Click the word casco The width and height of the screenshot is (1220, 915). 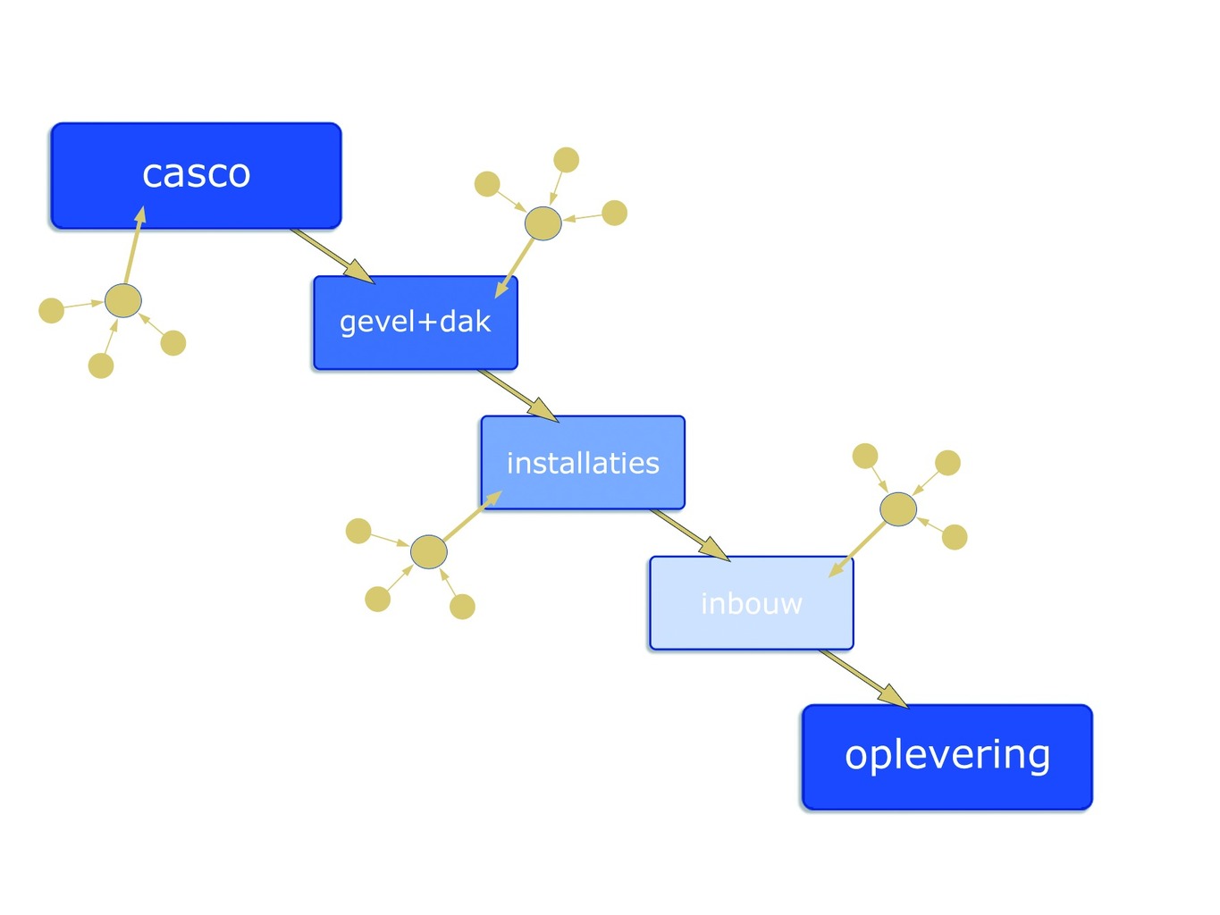[197, 174]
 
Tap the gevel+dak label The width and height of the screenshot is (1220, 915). [416, 322]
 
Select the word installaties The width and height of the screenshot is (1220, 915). [583, 463]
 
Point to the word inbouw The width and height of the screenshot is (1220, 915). [752, 603]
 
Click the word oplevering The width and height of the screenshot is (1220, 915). [947, 756]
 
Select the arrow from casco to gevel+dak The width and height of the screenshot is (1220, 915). [332, 256]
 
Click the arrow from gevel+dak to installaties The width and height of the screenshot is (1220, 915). [518, 396]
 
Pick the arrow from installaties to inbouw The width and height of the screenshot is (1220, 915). [690, 535]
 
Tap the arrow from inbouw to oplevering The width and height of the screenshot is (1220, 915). [863, 679]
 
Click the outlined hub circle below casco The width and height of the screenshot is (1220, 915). [123, 300]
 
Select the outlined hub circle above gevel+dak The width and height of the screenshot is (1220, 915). [543, 223]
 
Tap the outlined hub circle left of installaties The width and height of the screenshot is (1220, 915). [428, 551]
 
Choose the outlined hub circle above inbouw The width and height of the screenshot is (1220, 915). [898, 509]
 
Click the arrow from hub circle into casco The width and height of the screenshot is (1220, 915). [135, 245]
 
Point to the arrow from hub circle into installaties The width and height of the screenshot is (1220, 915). [473, 516]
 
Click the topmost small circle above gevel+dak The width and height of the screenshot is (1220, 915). [567, 160]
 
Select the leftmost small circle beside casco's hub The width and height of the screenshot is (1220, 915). [51, 311]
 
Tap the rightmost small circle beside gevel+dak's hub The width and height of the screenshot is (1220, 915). [615, 213]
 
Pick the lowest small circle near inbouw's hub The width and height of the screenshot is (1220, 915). [955, 537]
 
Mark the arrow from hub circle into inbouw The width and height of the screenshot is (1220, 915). [856, 550]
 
